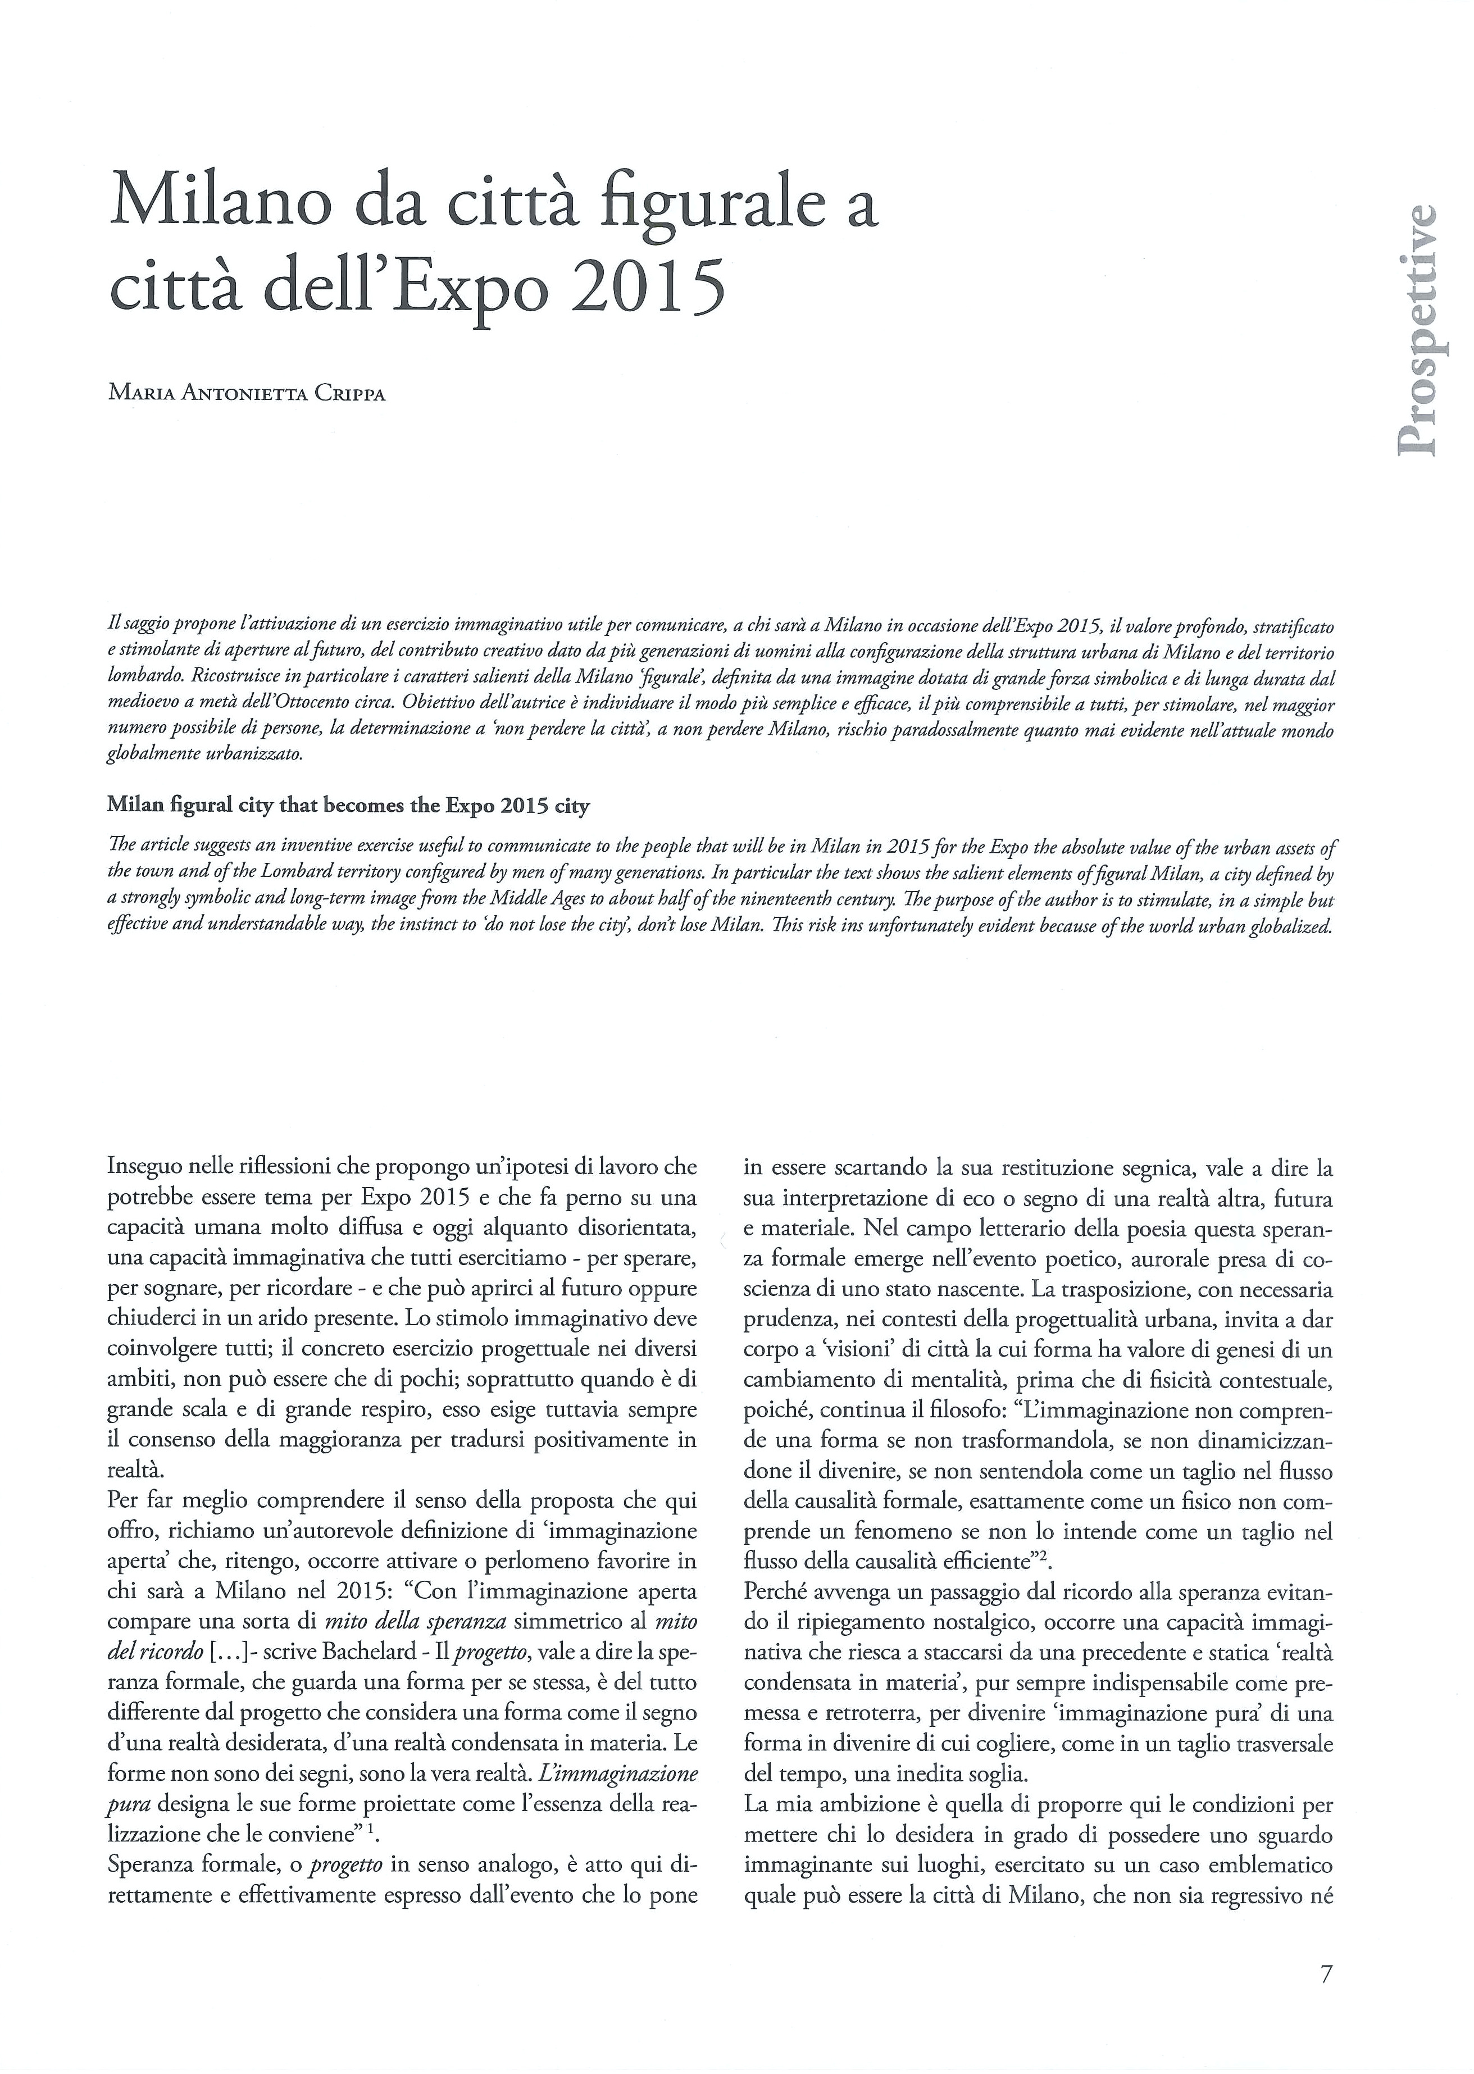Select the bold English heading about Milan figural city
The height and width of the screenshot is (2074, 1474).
[348, 805]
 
